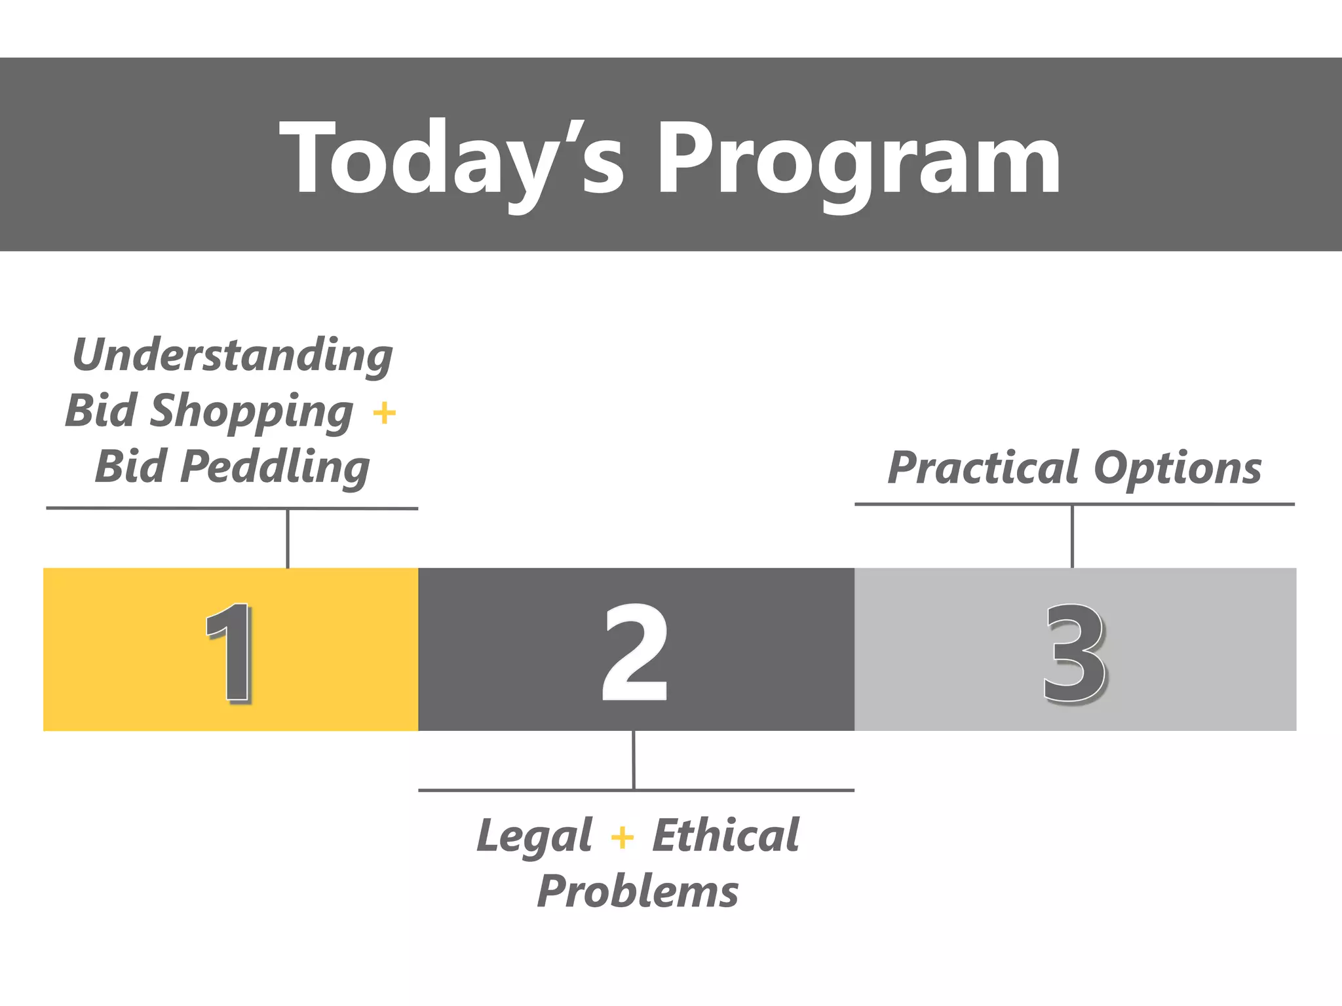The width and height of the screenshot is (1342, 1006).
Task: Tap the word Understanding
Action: (233, 355)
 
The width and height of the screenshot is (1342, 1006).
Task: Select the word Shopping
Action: (252, 412)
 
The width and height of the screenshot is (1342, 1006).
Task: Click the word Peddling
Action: (275, 468)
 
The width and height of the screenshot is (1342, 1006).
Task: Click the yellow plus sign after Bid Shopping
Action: (385, 413)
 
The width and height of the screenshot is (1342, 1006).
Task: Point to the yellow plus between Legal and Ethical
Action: (622, 838)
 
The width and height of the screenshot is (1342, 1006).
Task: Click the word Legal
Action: (535, 836)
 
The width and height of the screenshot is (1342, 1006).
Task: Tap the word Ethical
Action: (726, 835)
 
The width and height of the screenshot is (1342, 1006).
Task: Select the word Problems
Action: (638, 892)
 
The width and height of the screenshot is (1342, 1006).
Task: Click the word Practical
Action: (983, 468)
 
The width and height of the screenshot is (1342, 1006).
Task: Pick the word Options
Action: (1178, 468)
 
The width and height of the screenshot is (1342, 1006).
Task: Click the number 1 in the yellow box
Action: (229, 652)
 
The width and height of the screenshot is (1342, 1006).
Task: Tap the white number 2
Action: (635, 652)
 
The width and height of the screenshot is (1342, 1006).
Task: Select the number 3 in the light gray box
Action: (1073, 653)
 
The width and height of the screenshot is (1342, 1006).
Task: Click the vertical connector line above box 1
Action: (288, 538)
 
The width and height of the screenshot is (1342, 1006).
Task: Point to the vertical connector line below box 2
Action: (634, 760)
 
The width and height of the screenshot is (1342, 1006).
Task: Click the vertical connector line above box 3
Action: (1072, 536)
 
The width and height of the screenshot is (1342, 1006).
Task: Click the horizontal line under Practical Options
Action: (1075, 504)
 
